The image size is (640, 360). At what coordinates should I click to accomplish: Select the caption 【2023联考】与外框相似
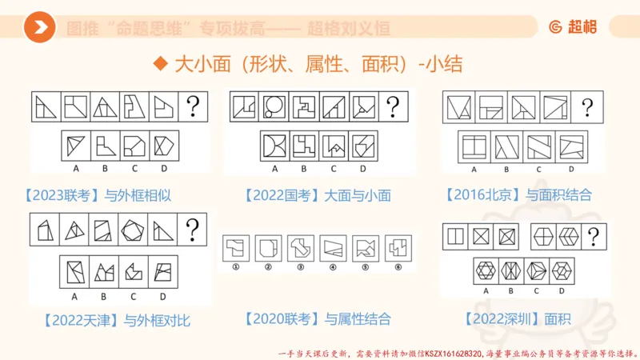(98, 195)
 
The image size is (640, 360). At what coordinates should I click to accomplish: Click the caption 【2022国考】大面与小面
(318, 195)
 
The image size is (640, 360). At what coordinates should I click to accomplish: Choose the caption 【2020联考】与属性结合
(318, 319)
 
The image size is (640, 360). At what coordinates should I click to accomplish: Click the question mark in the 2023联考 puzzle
(193, 105)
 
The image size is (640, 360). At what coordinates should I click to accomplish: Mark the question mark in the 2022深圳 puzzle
(593, 237)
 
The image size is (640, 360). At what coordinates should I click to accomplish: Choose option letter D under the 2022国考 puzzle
(362, 169)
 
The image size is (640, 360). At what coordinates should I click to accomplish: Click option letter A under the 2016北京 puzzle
(474, 170)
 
